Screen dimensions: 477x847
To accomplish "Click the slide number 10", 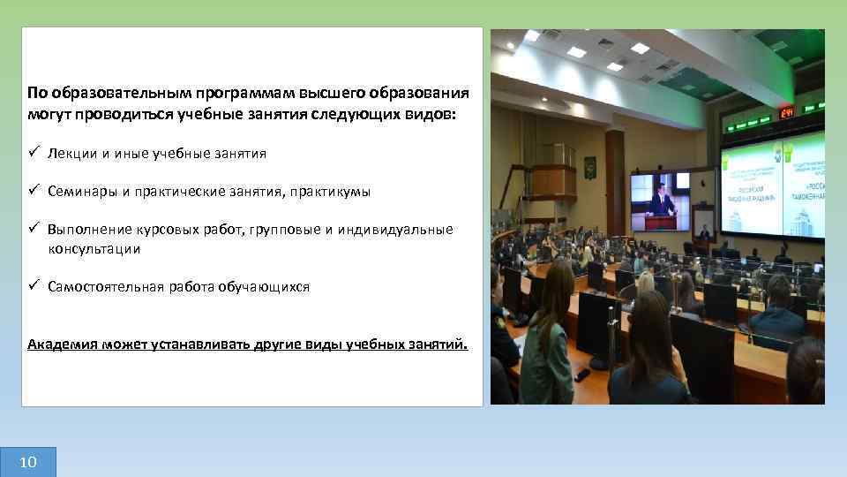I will point(27,462).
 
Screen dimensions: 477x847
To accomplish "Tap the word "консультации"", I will point(94,249).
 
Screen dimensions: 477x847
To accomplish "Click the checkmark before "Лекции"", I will point(33,154).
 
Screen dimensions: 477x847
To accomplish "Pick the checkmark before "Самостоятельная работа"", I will point(33,287).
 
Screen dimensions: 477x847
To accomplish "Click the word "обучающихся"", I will point(270,287).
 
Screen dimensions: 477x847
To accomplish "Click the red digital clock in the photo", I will point(785,113).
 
